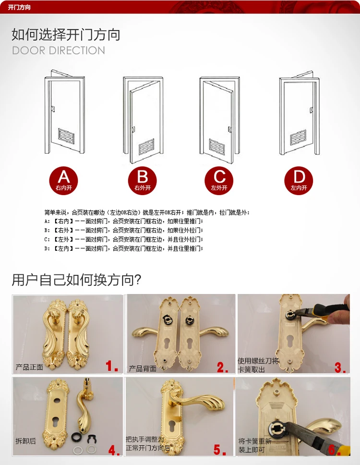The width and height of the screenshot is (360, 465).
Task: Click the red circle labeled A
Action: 63,181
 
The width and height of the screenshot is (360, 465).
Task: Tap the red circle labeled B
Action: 142,181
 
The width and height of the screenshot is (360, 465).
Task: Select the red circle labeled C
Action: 219,181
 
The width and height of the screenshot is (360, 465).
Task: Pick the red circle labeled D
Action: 299,181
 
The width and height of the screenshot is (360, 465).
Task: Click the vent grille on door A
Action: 66,136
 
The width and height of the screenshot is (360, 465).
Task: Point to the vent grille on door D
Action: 298,137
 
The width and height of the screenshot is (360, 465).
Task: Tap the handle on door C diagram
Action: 229,130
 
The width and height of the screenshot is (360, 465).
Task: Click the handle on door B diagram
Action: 133,130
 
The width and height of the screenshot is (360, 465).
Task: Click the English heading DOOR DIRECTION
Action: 59,50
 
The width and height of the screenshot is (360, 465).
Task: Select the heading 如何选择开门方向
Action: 66,35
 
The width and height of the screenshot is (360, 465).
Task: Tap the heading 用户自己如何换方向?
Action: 76,280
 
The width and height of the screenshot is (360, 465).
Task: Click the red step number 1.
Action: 112,366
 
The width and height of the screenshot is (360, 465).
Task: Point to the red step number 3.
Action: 340,368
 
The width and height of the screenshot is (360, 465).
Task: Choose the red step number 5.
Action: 220,450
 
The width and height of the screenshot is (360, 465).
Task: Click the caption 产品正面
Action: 29,367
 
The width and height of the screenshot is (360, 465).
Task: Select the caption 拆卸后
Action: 25,441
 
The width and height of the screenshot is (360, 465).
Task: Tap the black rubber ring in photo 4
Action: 76,437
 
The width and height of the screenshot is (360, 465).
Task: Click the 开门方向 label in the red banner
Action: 19,7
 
